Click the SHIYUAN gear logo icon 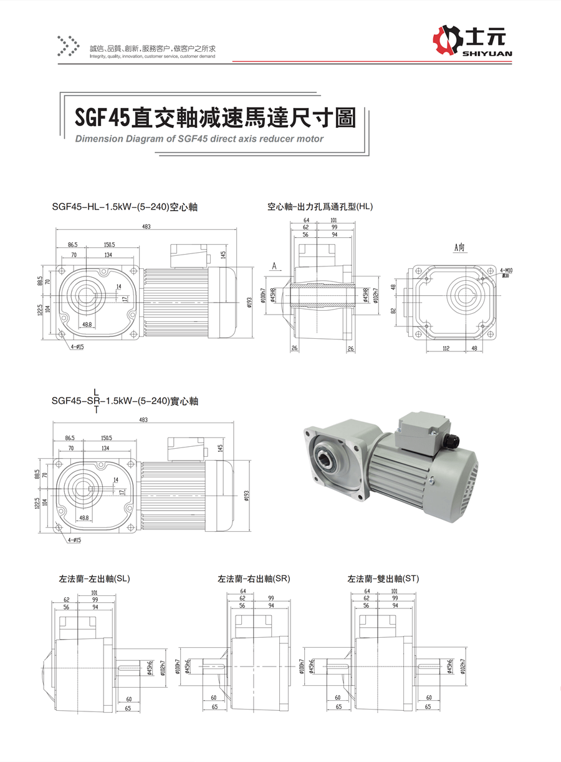point(448,41)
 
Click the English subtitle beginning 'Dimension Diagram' point(199,139)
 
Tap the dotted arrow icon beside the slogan point(69,45)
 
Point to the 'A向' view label point(460,248)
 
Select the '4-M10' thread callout point(507,270)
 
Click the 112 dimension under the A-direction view point(446,349)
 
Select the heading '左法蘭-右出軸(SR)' point(254,579)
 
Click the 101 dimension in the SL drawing point(94,592)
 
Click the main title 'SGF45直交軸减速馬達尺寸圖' point(215,117)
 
